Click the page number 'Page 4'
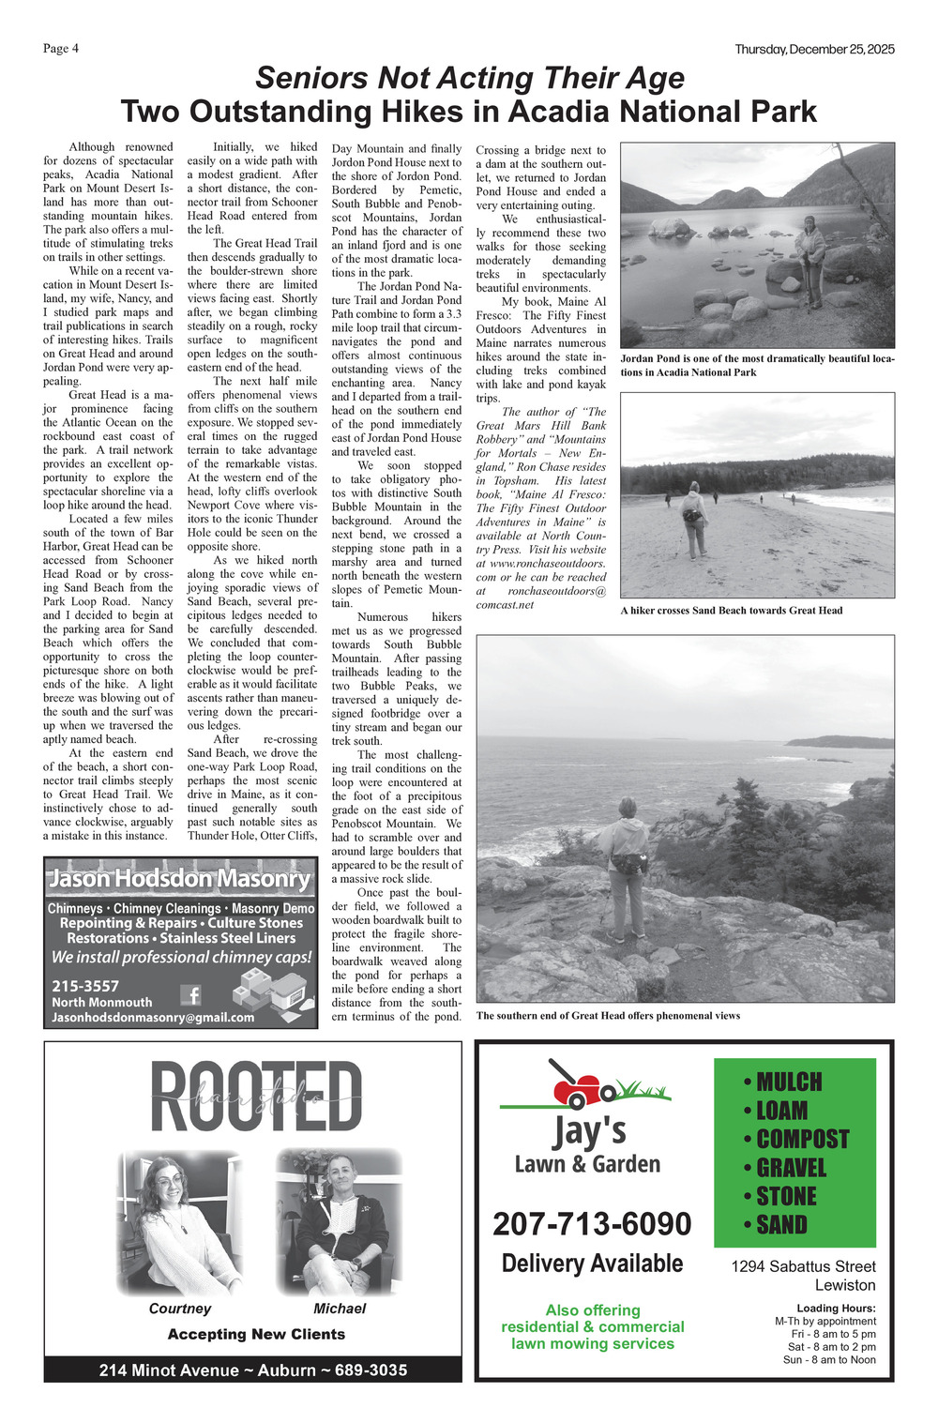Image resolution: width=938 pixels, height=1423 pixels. [x=61, y=49]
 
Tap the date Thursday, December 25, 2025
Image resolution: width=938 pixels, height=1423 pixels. [x=814, y=49]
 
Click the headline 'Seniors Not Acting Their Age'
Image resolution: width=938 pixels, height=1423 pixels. [x=469, y=77]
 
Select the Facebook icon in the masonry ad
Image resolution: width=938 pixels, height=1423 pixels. [x=190, y=994]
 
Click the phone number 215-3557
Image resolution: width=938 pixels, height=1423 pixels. [x=85, y=985]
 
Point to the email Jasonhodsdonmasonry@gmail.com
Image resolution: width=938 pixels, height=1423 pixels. [x=153, y=1017]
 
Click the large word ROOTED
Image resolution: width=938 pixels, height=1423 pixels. [x=255, y=1097]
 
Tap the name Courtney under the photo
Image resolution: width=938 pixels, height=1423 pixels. [x=180, y=1309]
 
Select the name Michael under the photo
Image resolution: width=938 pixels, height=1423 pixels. [x=340, y=1309]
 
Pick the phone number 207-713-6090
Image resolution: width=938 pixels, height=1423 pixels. [x=592, y=1224]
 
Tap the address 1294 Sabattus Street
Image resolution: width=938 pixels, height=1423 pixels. [x=803, y=1266]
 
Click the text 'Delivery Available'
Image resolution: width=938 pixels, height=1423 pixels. [x=592, y=1264]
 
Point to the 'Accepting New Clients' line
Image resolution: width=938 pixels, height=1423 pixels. [x=256, y=1334]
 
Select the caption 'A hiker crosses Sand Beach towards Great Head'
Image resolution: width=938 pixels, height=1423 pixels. [x=732, y=611]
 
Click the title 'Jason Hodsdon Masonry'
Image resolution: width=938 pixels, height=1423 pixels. [x=179, y=879]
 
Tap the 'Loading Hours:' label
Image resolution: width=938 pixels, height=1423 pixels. [x=836, y=1308]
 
